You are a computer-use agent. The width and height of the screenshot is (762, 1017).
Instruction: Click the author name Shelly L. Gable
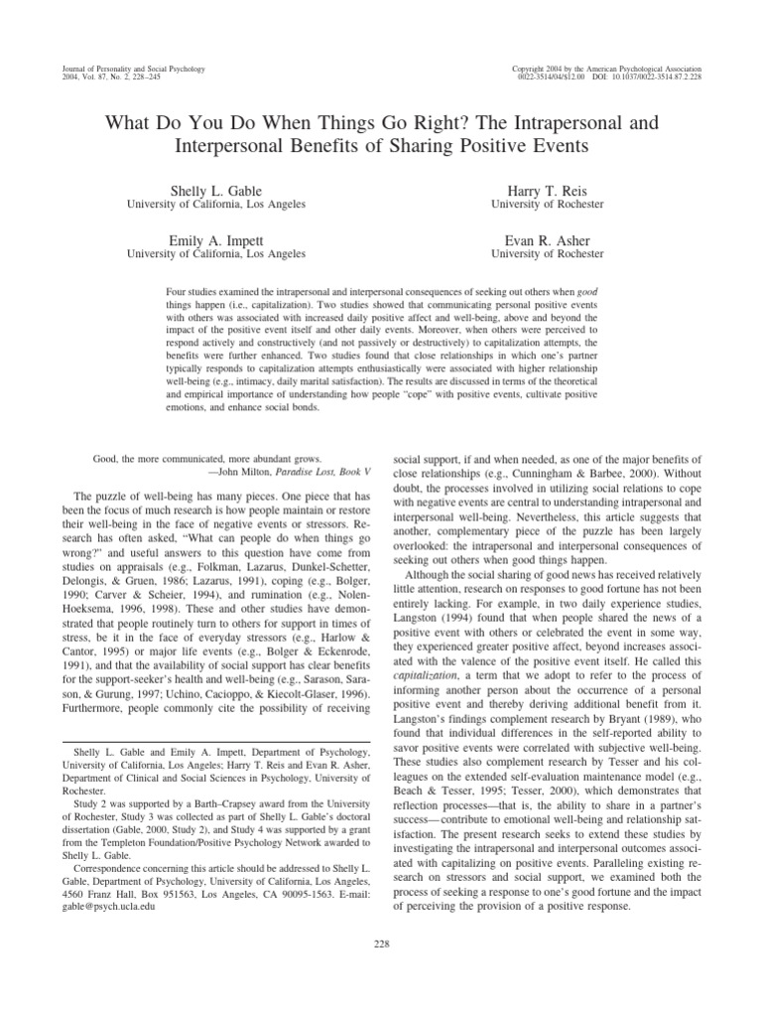click(214, 190)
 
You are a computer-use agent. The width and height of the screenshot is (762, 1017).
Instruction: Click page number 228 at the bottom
click(381, 942)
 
